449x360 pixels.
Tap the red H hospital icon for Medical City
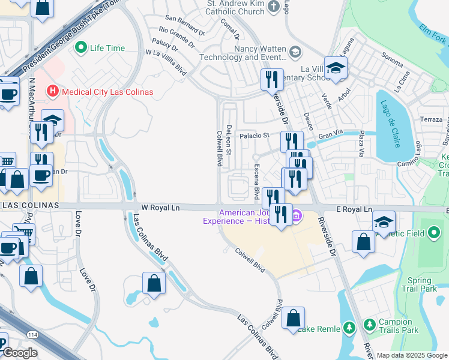pos(53,92)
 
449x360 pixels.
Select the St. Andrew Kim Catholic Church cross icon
pos(274,7)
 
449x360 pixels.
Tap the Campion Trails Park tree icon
pos(369,326)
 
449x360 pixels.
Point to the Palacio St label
pos(255,136)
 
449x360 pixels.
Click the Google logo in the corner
pos(20,353)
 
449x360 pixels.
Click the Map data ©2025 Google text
pos(411,356)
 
